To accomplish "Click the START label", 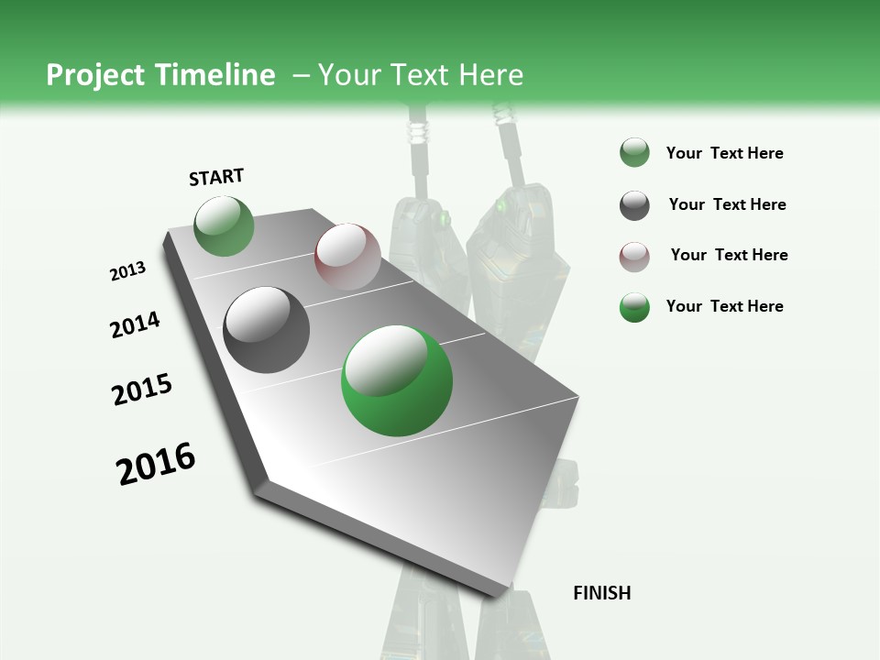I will [x=216, y=177].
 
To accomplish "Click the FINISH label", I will [x=601, y=593].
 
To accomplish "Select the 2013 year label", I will [x=127, y=271].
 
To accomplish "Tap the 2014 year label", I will [x=135, y=324].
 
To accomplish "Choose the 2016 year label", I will [x=156, y=464].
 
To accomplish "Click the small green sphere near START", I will [x=224, y=226].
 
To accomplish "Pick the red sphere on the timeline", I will [x=347, y=257].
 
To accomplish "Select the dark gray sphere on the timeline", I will [x=266, y=330].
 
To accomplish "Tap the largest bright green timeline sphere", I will [x=397, y=380].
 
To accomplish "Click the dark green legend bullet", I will [x=634, y=153].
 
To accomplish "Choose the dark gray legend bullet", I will [x=634, y=205].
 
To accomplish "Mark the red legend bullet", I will [x=634, y=257].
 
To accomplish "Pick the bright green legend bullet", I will [x=634, y=307].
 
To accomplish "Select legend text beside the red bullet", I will [x=729, y=255].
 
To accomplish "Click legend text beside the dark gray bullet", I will [x=727, y=204].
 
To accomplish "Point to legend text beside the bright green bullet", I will [x=724, y=306].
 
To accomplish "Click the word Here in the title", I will [x=490, y=75].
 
